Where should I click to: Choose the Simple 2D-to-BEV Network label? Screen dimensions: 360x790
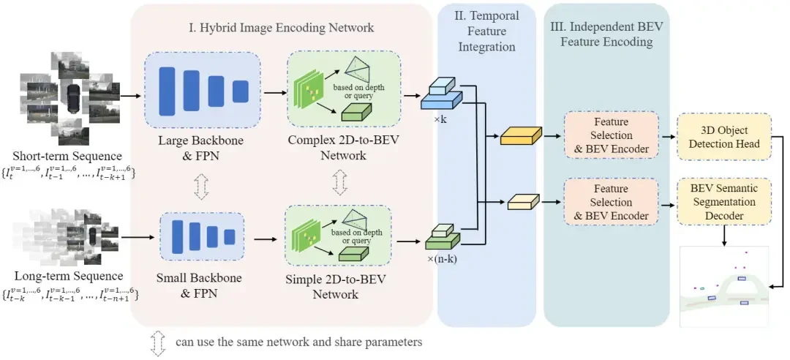click(339, 286)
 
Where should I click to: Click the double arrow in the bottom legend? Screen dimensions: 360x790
click(158, 342)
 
